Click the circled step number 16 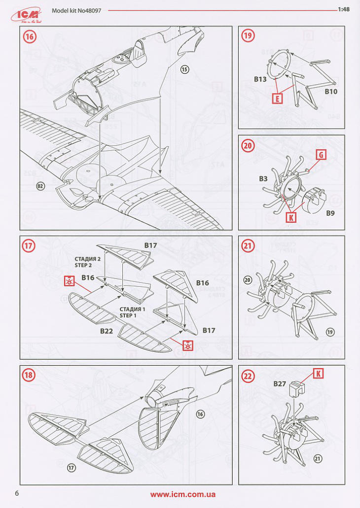click(30, 36)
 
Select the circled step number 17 click(30, 245)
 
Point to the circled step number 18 click(30, 375)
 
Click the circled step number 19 click(248, 35)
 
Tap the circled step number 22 click(248, 375)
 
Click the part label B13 click(260, 79)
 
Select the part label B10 click(330, 91)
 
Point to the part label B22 click(107, 331)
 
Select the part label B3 click(263, 179)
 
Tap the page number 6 click(17, 493)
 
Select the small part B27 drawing click(296, 389)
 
